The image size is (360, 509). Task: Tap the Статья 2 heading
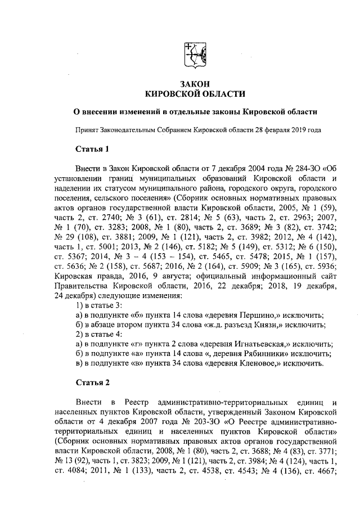[x=91, y=382]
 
